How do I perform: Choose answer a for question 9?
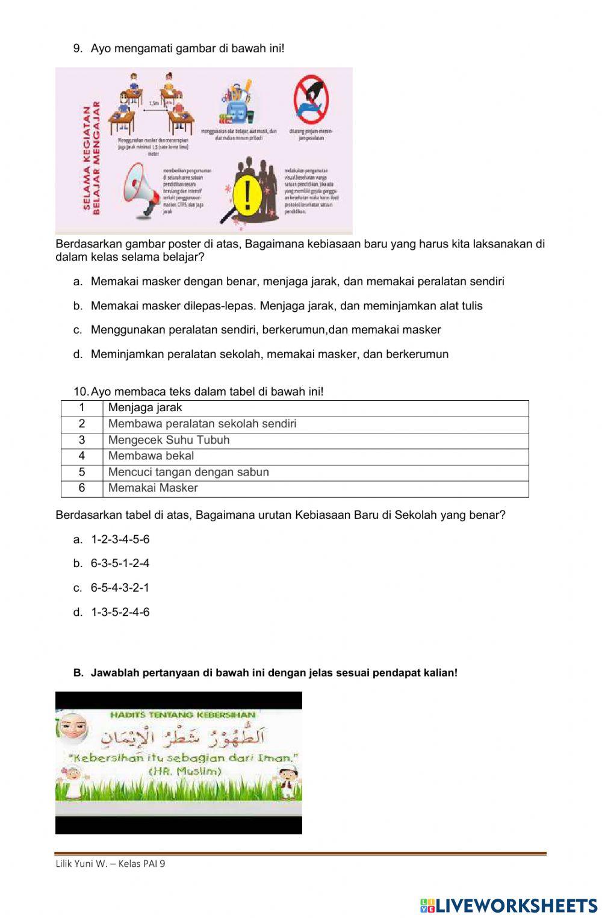pos(297,281)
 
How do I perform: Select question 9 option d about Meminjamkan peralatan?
pos(269,354)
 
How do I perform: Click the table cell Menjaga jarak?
pos(145,408)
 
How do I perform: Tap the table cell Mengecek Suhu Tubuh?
pos(169,440)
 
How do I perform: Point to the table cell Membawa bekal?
pos(150,456)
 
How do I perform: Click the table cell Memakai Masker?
pos(153,488)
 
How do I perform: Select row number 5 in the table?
pos(82,472)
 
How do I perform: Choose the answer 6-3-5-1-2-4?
pos(120,563)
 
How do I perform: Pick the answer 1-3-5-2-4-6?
pos(120,612)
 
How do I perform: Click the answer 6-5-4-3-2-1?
pos(120,588)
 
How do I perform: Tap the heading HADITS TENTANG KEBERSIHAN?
pos(183,715)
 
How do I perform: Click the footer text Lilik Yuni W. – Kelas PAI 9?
pos(110,864)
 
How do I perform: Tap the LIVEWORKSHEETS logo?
pos(509,905)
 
